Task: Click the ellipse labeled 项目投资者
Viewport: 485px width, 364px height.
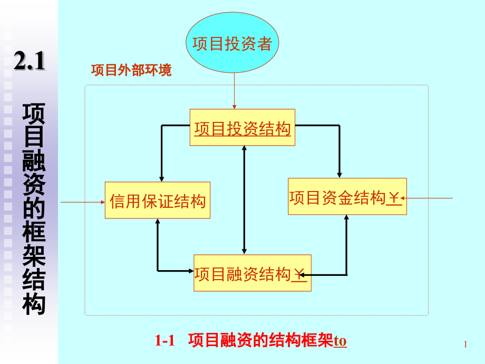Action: tap(232, 44)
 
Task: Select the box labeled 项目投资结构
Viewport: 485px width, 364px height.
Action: tap(242, 128)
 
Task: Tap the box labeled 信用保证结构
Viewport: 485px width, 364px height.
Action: tap(158, 200)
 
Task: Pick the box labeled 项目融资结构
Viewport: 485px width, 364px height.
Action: tap(252, 273)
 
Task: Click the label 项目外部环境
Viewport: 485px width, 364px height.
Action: tap(131, 71)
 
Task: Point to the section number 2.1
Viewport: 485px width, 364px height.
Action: tap(29, 62)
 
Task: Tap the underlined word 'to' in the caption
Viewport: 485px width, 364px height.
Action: tap(341, 341)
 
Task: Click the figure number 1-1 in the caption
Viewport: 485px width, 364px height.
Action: tap(164, 341)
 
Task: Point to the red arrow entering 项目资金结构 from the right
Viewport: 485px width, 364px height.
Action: tap(429, 198)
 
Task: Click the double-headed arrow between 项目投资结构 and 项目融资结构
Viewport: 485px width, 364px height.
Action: tap(244, 200)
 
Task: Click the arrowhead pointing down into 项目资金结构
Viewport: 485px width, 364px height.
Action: tap(340, 175)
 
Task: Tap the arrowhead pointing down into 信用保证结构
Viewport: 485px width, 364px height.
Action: tap(162, 178)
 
